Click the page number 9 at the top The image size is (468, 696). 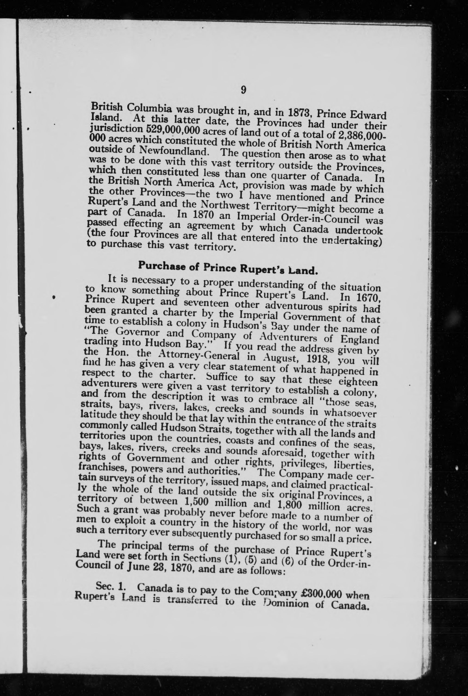pyautogui.click(x=243, y=90)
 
